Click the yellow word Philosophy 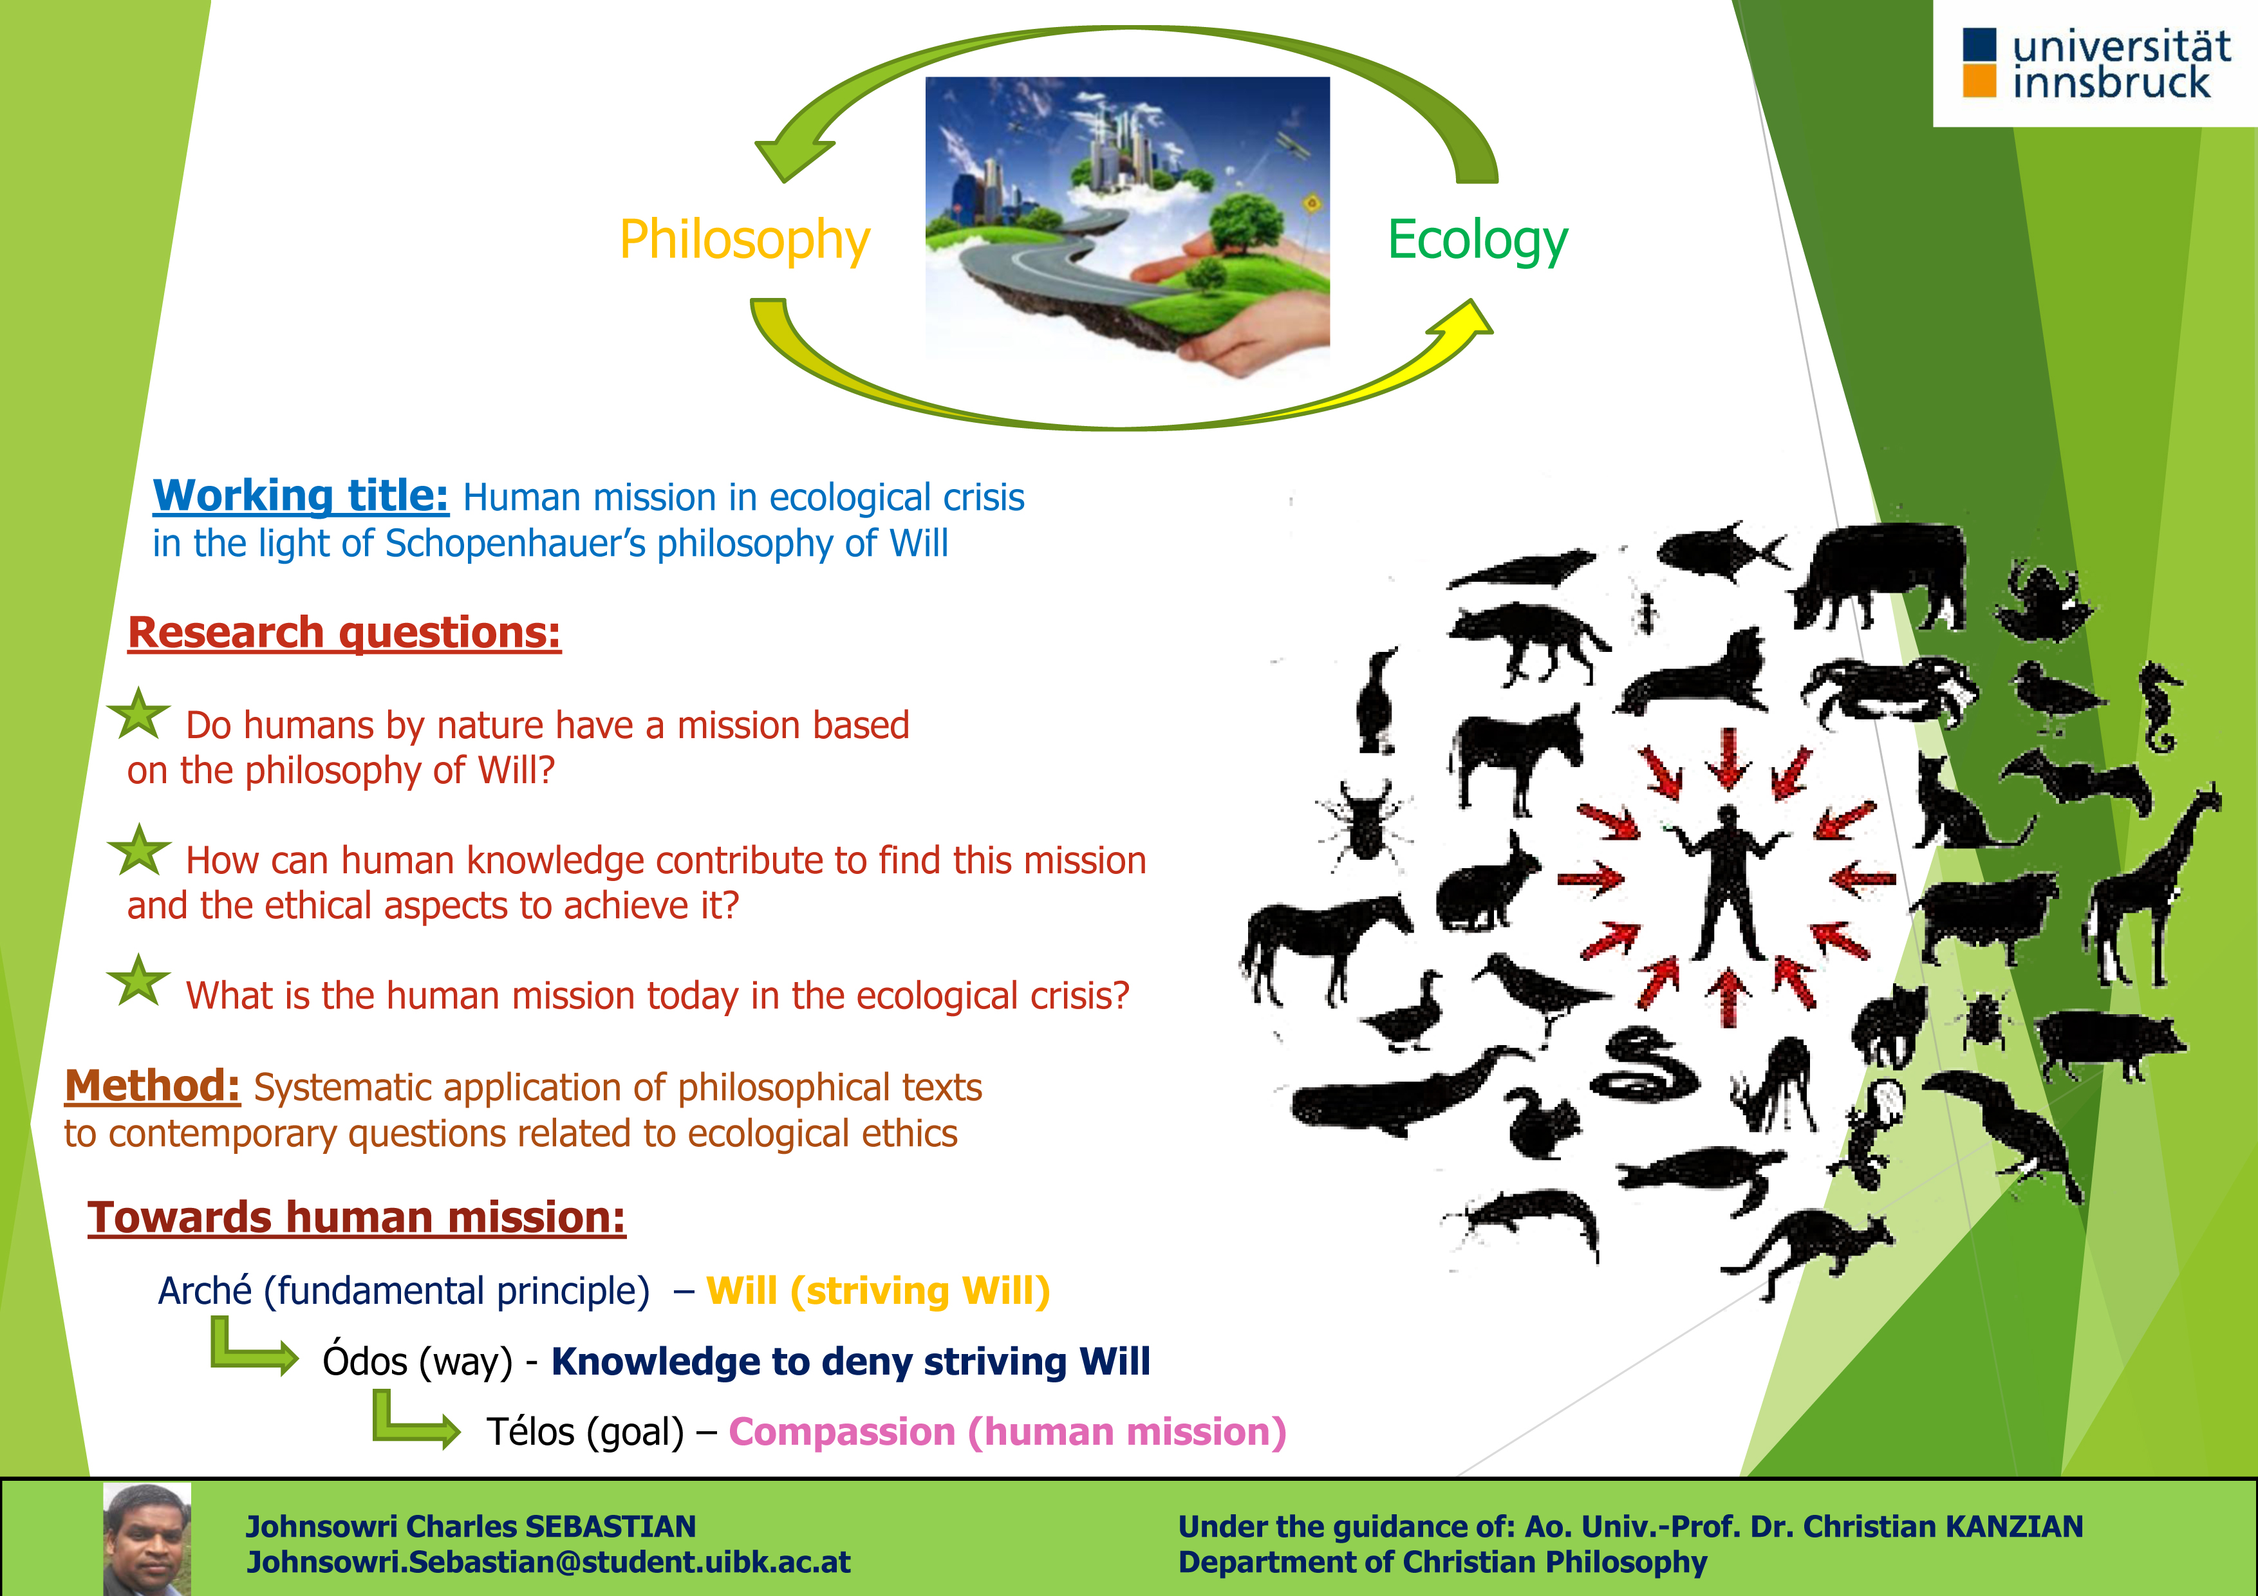pyautogui.click(x=745, y=241)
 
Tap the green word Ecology pyautogui.click(x=1477, y=241)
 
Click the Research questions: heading pyautogui.click(x=344, y=633)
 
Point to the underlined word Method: pyautogui.click(x=153, y=1086)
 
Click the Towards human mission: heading pyautogui.click(x=356, y=1218)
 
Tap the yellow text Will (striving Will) pyautogui.click(x=878, y=1291)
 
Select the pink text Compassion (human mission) pyautogui.click(x=1008, y=1433)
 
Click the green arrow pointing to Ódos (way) pyautogui.click(x=254, y=1348)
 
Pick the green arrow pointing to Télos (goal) pyautogui.click(x=416, y=1420)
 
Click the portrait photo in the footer pyautogui.click(x=147, y=1539)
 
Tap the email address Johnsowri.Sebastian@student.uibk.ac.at pyautogui.click(x=548, y=1563)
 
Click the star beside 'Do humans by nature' pyautogui.click(x=138, y=715)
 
